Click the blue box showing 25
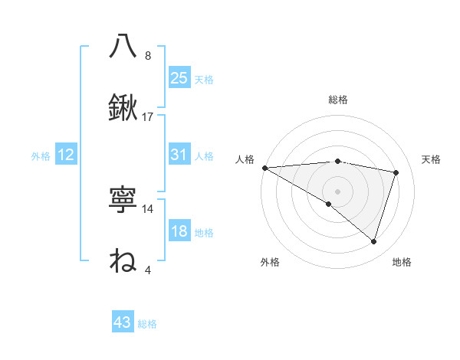click(179, 78)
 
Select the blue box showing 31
click(179, 155)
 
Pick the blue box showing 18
click(179, 232)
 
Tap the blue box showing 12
click(66, 155)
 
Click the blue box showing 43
click(123, 323)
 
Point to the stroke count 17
click(148, 117)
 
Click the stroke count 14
click(148, 208)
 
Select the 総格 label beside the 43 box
click(147, 324)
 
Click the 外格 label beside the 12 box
click(41, 156)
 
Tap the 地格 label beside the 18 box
click(204, 233)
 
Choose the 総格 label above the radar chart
click(337, 100)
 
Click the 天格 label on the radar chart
click(431, 159)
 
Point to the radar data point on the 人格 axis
click(264, 167)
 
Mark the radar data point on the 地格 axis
click(373, 241)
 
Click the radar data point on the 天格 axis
click(396, 172)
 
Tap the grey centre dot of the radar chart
click(337, 191)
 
